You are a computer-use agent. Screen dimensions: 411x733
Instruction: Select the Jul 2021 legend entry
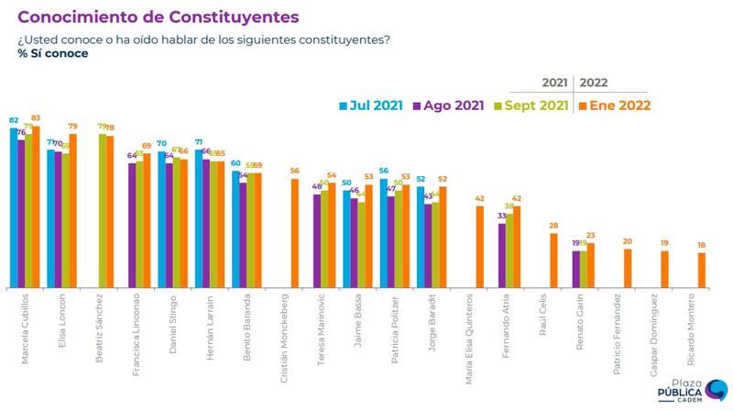(372, 105)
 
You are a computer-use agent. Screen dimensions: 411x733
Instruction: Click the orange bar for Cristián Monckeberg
(294, 234)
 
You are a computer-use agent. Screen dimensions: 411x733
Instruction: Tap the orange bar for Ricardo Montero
(702, 271)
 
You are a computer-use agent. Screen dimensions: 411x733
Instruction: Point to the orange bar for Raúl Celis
(553, 261)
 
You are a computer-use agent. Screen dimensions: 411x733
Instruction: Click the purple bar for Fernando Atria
(502, 256)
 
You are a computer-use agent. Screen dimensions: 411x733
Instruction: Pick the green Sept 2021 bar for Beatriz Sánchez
(103, 211)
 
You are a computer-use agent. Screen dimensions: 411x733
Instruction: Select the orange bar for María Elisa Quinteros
(479, 247)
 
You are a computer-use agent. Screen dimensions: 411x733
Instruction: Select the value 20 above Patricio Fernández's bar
(628, 241)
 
